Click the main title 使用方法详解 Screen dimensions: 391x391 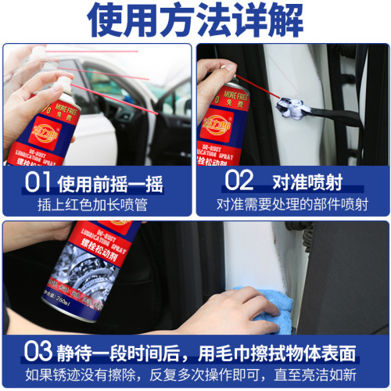[195, 21]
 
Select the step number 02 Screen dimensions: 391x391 [239, 181]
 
